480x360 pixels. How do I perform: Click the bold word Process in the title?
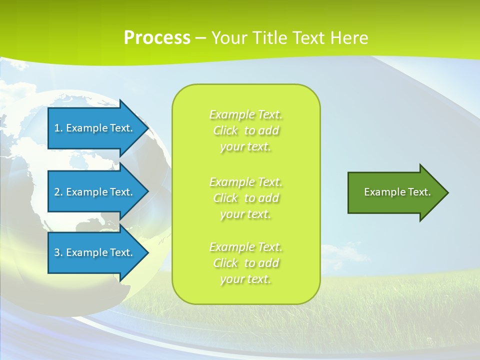pos(157,38)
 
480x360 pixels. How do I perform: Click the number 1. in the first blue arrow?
pos(58,128)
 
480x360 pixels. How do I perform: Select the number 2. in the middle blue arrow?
pos(58,192)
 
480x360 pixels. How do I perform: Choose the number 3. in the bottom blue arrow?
pos(58,252)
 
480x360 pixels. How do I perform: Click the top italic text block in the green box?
pos(246,130)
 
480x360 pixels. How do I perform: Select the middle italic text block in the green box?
pos(246,198)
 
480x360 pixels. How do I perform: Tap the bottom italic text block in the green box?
pos(246,263)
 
